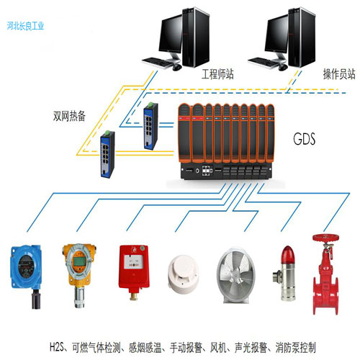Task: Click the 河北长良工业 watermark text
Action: click(x=25, y=26)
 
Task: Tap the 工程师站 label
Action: click(x=217, y=74)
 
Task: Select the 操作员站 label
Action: click(x=339, y=74)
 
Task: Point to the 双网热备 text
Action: click(x=69, y=116)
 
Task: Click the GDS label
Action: click(x=304, y=139)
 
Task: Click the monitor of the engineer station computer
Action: click(x=170, y=35)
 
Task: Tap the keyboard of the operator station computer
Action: click(x=264, y=63)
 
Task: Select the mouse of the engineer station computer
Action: click(x=177, y=67)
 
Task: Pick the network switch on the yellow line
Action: click(x=107, y=154)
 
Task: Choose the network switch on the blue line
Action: click(x=150, y=126)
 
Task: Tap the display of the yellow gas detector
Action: click(x=78, y=261)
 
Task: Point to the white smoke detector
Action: click(x=184, y=274)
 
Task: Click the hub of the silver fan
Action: click(x=236, y=274)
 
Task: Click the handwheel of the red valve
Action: click(x=325, y=238)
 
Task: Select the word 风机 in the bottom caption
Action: click(x=218, y=348)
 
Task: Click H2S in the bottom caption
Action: click(x=56, y=348)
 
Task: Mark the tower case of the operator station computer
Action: click(x=302, y=37)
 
